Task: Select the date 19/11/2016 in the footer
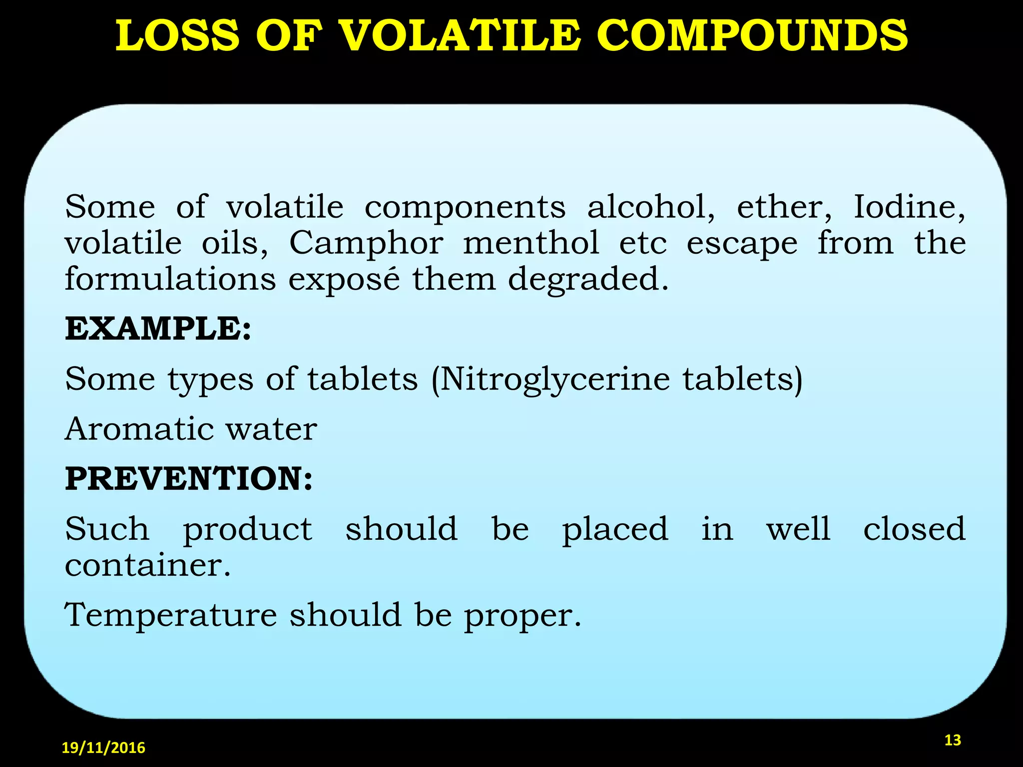coord(103,748)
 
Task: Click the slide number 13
coord(953,740)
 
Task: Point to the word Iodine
coord(909,206)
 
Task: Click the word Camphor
coord(366,243)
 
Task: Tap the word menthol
coord(531,243)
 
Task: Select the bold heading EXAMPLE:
coord(158,329)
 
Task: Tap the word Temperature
coord(171,615)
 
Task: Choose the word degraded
coord(588,280)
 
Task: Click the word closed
coord(914,529)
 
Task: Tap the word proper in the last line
coord(522,616)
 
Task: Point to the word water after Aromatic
coord(271,429)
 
